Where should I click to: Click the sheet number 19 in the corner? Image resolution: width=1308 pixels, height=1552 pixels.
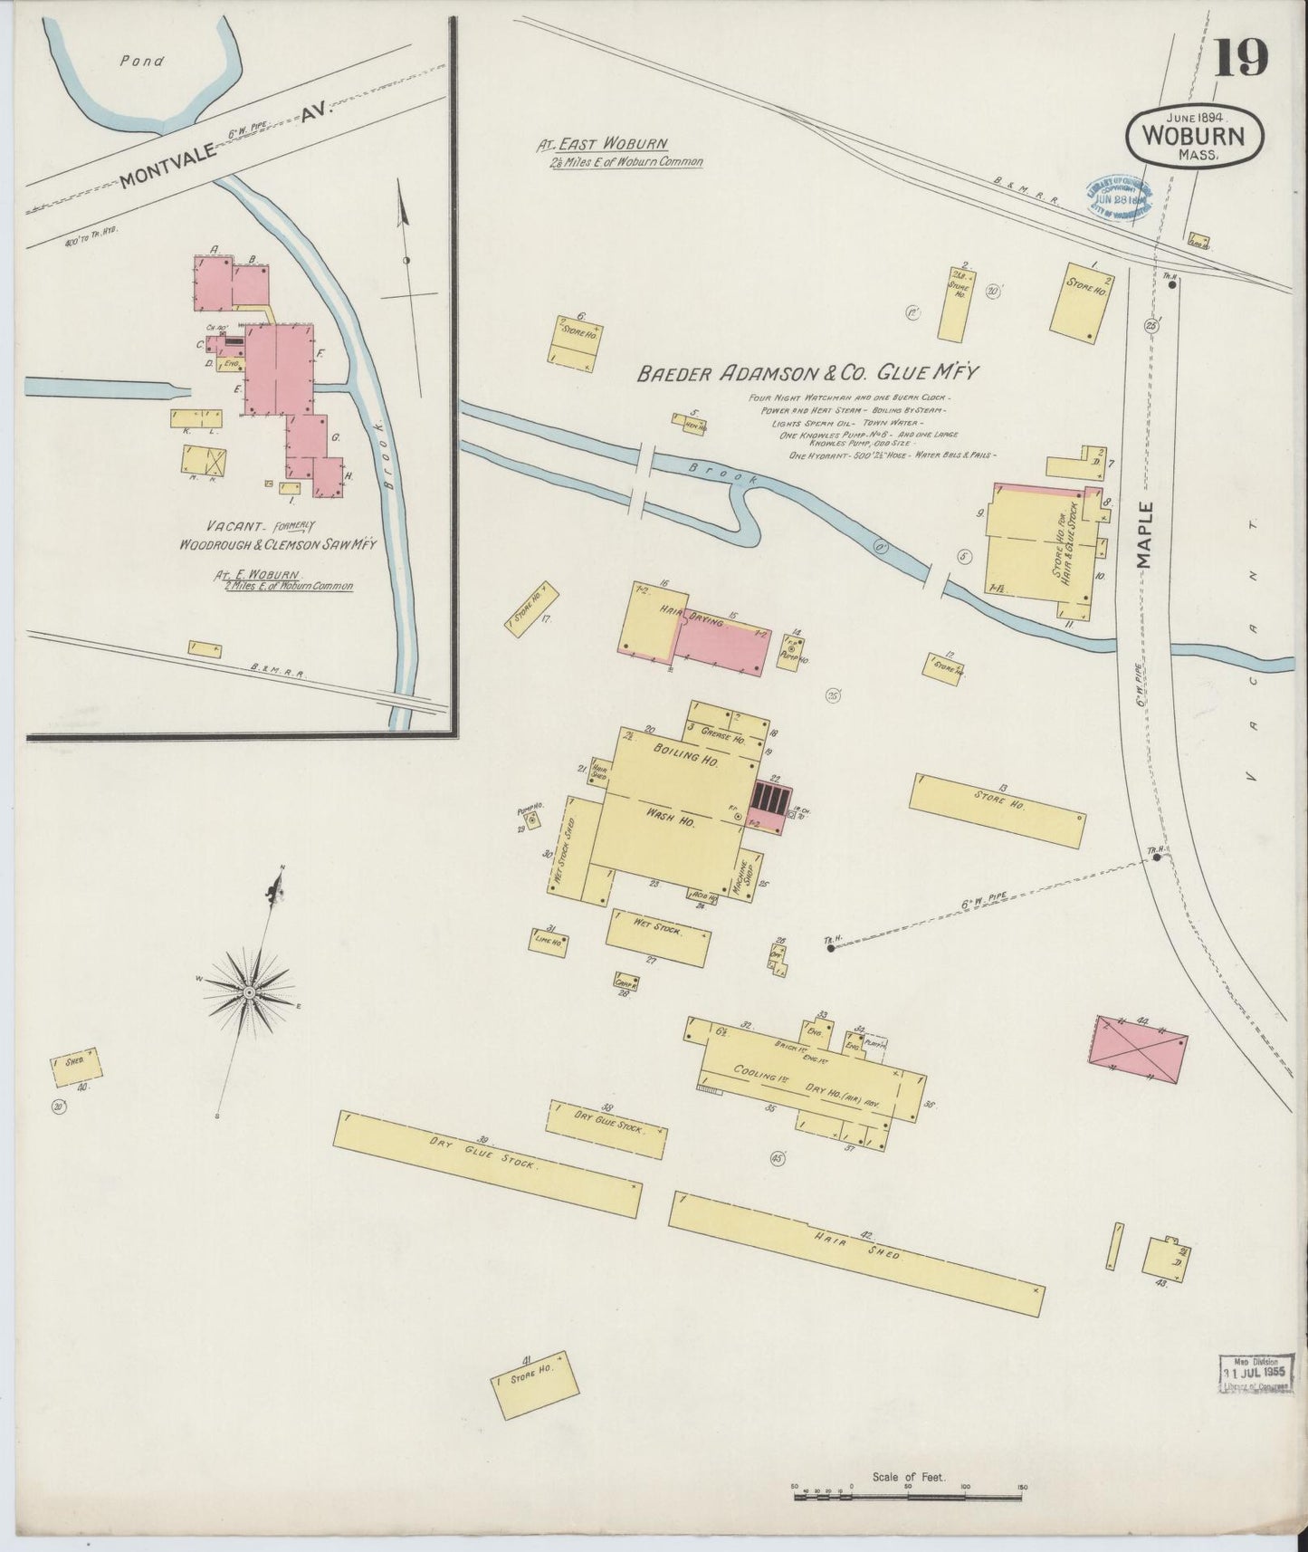coord(1241,59)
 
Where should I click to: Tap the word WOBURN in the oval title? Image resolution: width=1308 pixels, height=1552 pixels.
coord(1193,137)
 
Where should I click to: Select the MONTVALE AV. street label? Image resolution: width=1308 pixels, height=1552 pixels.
coord(225,144)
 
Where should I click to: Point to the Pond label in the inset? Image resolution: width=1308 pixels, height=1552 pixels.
coord(142,62)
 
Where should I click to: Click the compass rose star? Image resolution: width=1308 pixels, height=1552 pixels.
coord(249,992)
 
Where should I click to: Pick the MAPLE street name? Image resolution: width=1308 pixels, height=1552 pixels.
coord(1147,534)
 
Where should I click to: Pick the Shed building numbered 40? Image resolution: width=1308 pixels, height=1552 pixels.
coord(76,1066)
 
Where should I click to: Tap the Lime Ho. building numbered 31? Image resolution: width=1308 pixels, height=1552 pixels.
coord(549,942)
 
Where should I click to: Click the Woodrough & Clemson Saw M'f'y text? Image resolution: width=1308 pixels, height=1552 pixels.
coord(278,544)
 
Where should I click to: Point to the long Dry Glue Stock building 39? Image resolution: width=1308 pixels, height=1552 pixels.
coord(489,1163)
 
